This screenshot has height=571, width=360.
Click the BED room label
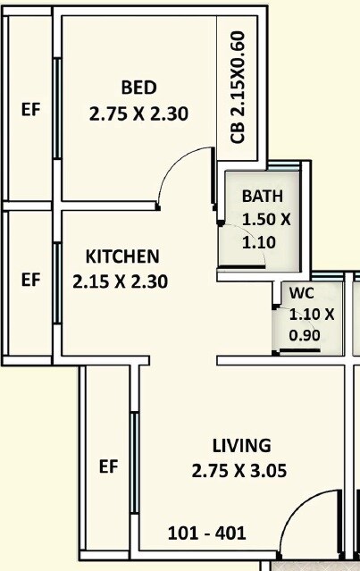[138, 88]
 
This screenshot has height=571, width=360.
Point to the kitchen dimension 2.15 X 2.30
[121, 281]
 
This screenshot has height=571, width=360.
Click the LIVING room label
[241, 445]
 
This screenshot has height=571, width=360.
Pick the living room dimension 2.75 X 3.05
[239, 471]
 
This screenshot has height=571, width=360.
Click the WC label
[301, 293]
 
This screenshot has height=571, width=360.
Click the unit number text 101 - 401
[207, 534]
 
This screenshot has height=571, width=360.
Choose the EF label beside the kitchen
[30, 280]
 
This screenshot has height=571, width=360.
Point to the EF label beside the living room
[109, 466]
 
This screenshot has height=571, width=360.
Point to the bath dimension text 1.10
[260, 241]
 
